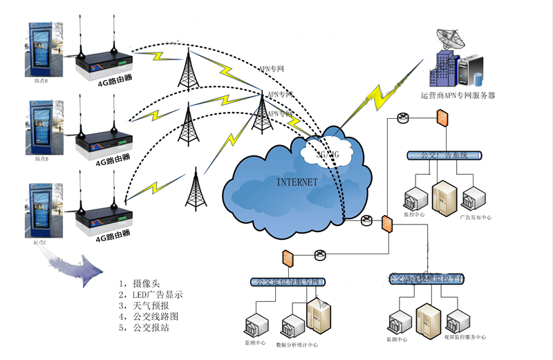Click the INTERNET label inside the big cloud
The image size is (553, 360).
tap(297, 182)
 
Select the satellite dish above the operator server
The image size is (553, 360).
tap(450, 38)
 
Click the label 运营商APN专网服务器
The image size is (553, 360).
tap(458, 95)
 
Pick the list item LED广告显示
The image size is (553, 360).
tap(154, 294)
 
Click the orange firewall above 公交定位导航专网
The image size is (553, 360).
tap(286, 258)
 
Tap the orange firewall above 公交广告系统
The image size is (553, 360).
tap(440, 118)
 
